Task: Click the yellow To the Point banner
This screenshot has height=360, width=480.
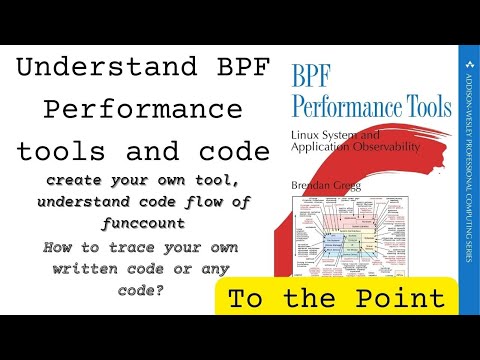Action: click(x=337, y=298)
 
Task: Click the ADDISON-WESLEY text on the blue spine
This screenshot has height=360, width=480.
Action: click(x=467, y=99)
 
